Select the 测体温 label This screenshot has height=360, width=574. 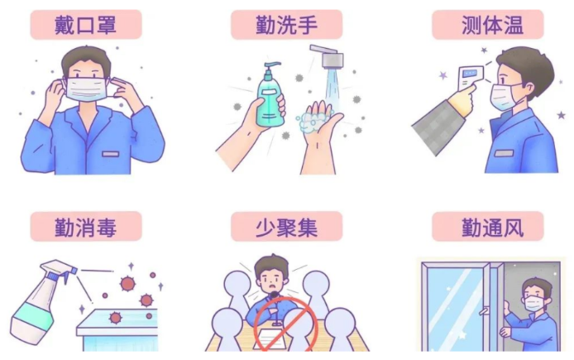(487, 24)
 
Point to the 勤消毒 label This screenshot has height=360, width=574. (85, 226)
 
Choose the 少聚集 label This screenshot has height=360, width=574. (285, 226)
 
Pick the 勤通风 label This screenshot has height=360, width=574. (491, 226)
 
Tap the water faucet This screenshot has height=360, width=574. (327, 58)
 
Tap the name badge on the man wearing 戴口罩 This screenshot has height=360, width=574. (111, 154)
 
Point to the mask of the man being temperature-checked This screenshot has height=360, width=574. (504, 97)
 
